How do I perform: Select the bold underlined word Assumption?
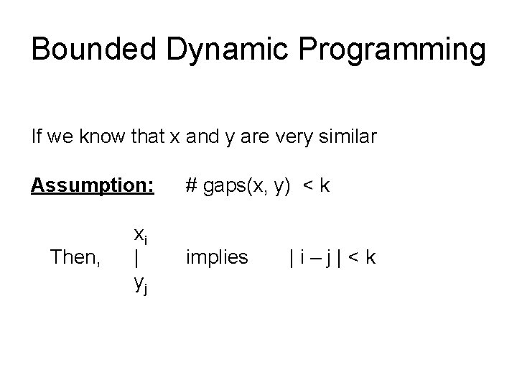92,187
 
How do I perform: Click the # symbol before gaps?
191,187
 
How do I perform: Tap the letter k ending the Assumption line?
325,187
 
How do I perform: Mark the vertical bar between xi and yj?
136,257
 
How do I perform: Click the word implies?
217,257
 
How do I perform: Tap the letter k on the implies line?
370,257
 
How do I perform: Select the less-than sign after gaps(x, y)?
307,187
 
